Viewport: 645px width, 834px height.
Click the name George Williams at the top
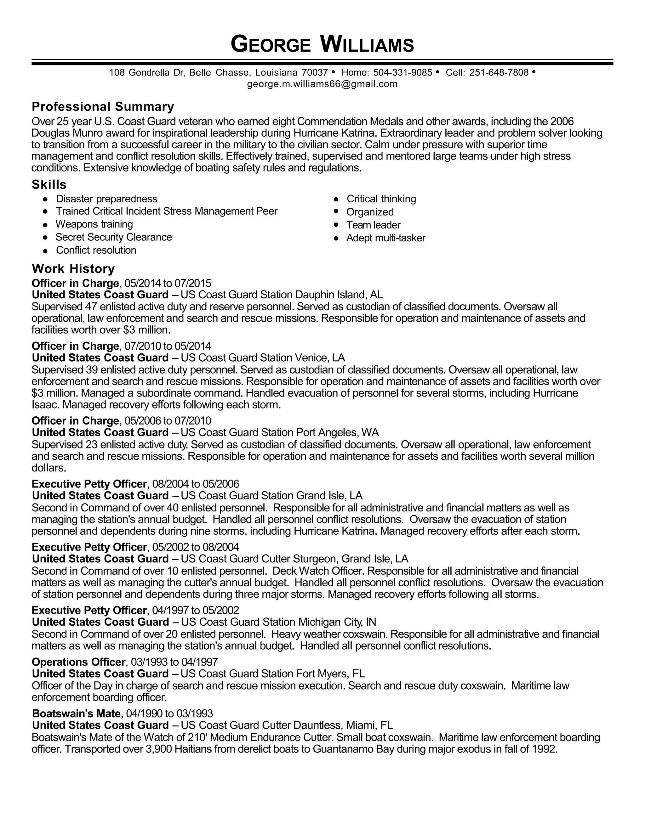click(322, 44)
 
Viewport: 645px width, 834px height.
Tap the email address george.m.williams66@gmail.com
click(322, 84)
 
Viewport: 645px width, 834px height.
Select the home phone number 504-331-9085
click(402, 72)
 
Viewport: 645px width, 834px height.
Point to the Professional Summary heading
click(103, 106)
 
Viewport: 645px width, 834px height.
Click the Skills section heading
click(49, 184)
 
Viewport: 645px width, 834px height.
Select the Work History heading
click(73, 268)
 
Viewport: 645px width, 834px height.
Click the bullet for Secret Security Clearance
click(45, 238)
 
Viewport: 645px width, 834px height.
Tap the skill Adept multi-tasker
click(385, 238)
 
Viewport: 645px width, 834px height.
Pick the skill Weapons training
click(94, 224)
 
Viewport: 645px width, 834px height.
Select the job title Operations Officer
click(78, 662)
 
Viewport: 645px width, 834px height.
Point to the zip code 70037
click(315, 72)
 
